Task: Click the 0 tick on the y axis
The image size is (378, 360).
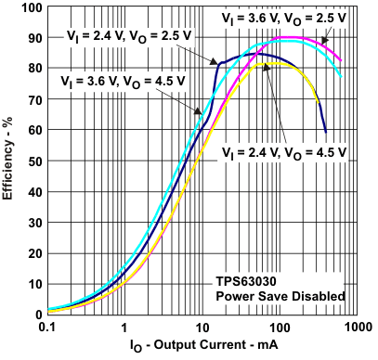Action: click(x=35, y=314)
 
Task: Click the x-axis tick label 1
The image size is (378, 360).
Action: click(x=124, y=328)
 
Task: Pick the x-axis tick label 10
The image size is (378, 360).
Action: click(x=201, y=328)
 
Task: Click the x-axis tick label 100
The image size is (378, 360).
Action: click(x=278, y=328)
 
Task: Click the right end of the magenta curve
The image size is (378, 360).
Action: click(x=341, y=59)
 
